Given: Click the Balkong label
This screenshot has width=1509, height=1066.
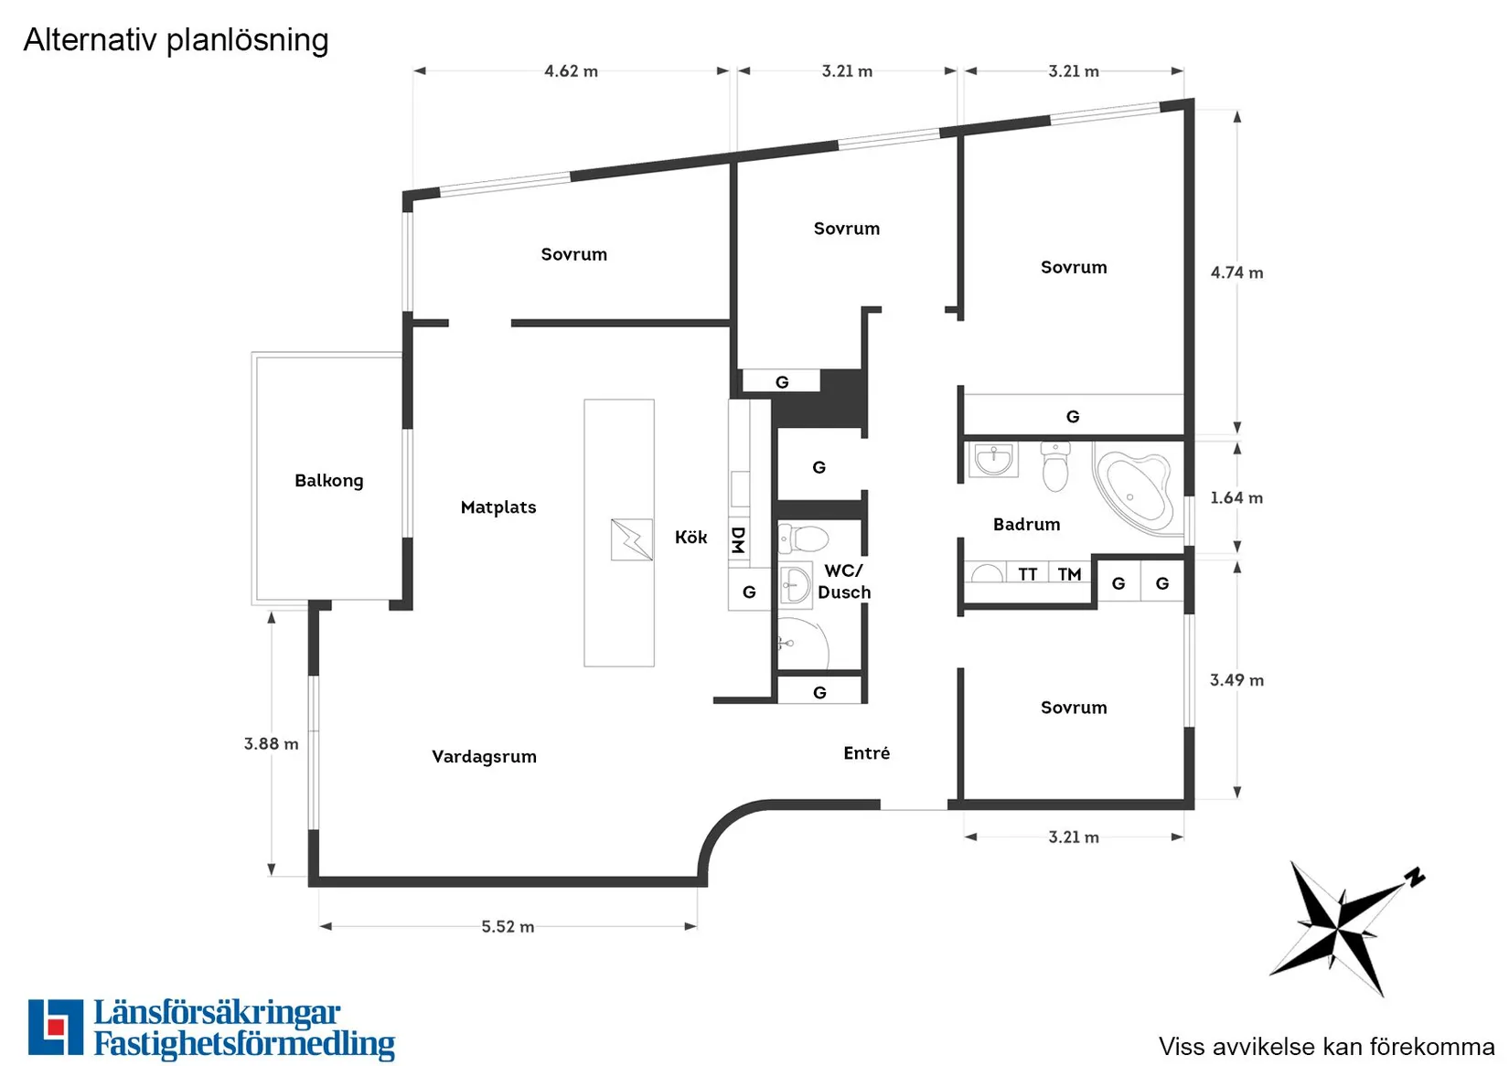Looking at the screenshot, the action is tap(328, 481).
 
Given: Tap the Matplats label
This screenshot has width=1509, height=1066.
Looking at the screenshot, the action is tap(498, 507).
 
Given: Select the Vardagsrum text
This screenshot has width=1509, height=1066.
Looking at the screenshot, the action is tap(484, 757).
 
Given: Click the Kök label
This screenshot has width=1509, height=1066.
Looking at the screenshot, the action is tap(690, 537).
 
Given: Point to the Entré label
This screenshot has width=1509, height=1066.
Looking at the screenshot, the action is tap(866, 752).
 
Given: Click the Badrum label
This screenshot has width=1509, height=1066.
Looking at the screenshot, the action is tap(1026, 525).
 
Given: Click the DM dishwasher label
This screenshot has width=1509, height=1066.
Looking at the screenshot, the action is tap(738, 540).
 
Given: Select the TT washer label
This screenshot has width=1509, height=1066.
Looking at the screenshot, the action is tap(1027, 574).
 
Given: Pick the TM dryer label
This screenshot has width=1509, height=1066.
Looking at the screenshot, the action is tap(1069, 574).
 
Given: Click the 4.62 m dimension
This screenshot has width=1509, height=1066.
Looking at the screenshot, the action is tap(571, 71).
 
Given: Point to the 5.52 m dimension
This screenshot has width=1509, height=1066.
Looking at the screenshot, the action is tap(508, 926).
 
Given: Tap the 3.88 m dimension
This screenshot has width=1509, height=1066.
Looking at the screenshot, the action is tap(271, 744).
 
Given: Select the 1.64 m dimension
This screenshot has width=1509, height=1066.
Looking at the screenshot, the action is tap(1236, 498).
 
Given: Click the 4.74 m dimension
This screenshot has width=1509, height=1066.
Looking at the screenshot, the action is tap(1236, 272).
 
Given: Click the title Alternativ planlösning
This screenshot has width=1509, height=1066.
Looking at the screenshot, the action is tap(176, 40).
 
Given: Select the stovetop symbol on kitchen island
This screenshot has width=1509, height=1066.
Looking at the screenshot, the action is tap(632, 539).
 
